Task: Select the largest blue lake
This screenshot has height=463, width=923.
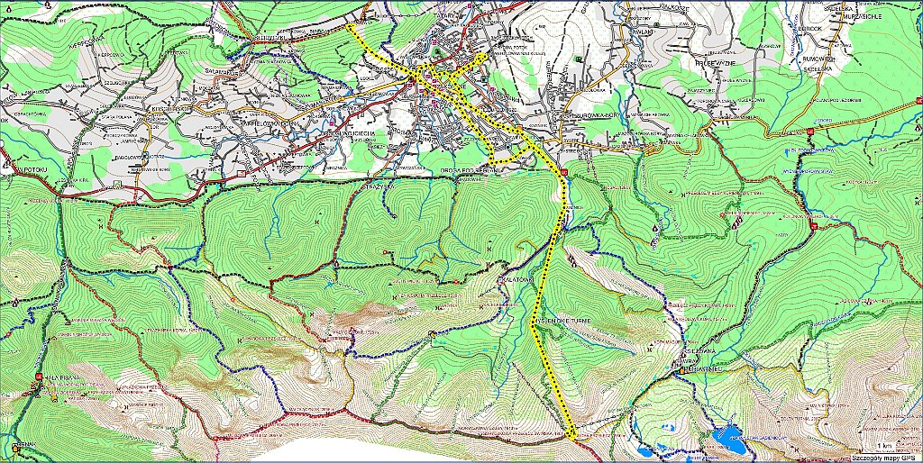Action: (x=727, y=439)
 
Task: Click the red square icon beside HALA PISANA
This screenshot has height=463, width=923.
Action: (x=40, y=377)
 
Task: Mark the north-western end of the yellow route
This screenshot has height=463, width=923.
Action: (x=348, y=27)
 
